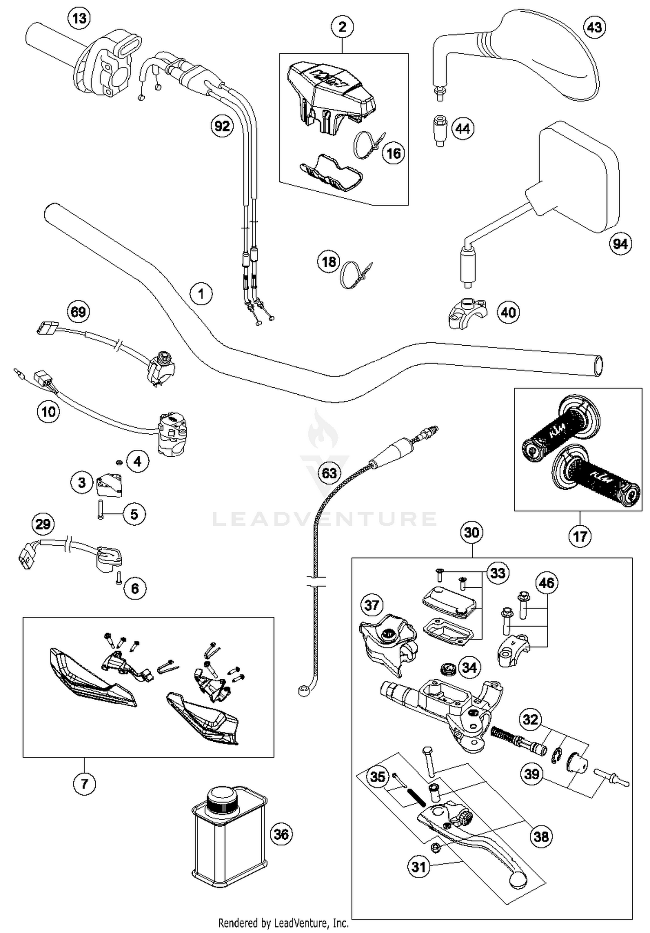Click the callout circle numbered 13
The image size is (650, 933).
coord(79,19)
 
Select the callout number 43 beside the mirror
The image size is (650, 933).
coord(594,27)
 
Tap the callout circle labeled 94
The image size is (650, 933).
coord(620,244)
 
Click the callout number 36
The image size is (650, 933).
coord(282,834)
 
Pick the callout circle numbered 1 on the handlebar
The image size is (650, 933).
coord(201,294)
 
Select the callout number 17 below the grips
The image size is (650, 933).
coord(580,537)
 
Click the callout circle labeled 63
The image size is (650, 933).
coord(329,473)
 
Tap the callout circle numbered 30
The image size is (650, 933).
coord(471,532)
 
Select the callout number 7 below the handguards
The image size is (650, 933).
coord(84,783)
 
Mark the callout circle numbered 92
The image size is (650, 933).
coord(222,126)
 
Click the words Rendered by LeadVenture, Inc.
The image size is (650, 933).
coord(283,923)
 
